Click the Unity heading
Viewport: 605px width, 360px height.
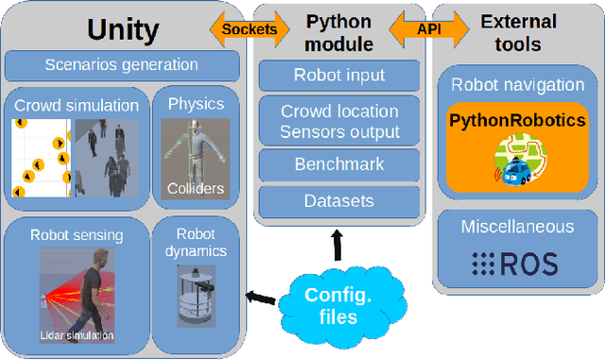124,29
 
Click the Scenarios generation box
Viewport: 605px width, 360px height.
121,66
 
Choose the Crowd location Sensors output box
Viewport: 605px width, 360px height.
339,122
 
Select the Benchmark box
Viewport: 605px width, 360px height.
339,163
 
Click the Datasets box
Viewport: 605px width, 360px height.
339,200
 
